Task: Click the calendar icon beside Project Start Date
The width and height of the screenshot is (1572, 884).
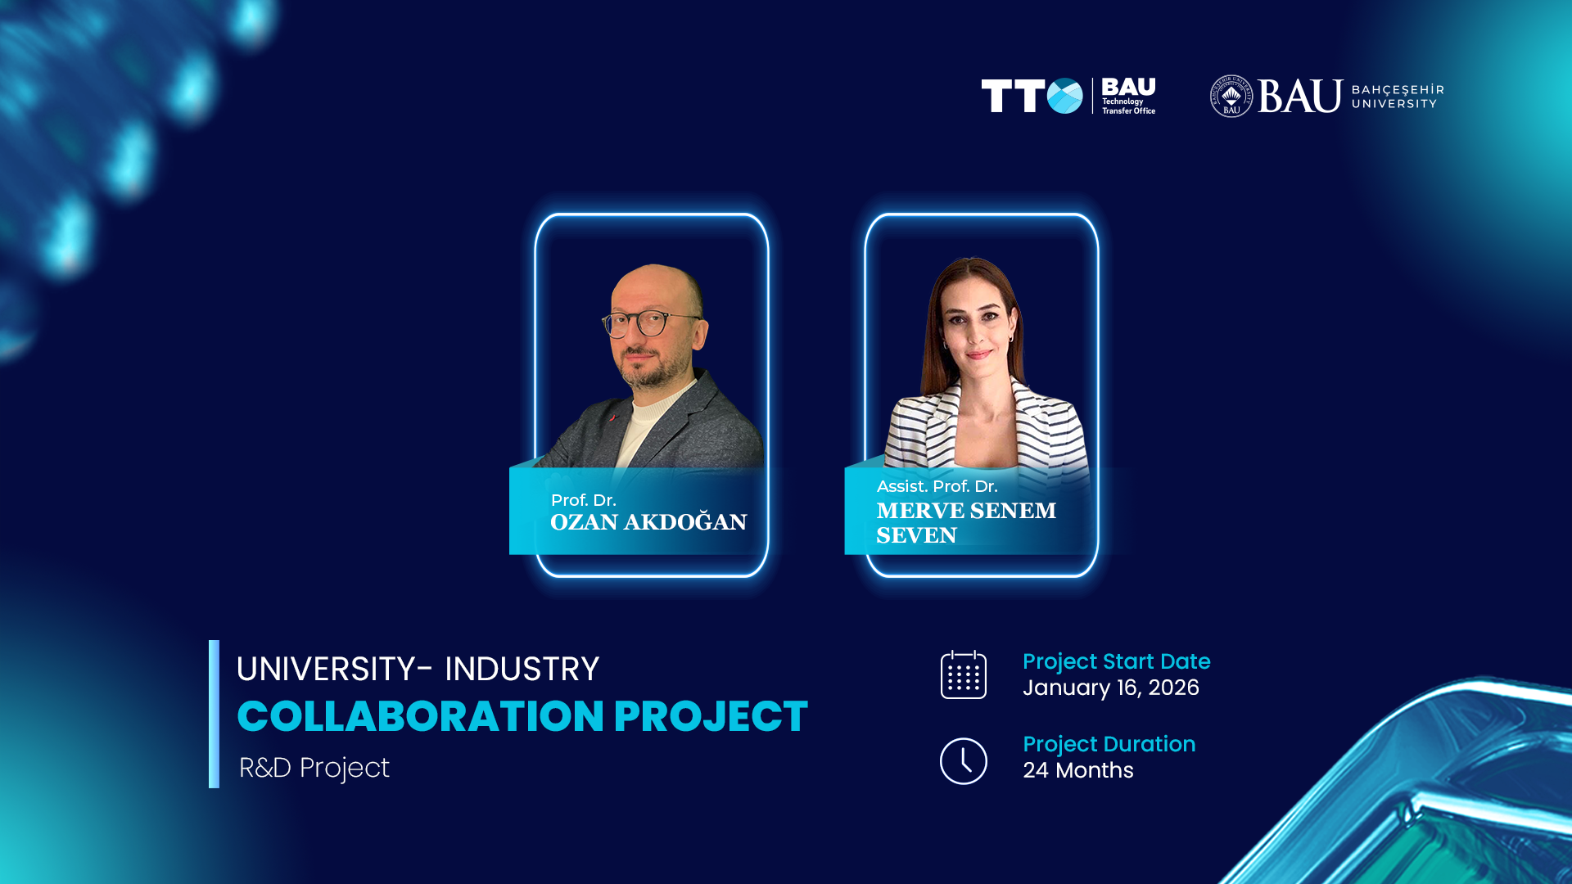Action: [x=964, y=674]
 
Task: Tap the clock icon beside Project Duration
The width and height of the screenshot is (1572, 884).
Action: [x=964, y=761]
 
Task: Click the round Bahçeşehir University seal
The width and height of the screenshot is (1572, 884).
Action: [x=1231, y=97]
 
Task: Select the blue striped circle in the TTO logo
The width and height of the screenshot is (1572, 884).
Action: [x=1064, y=96]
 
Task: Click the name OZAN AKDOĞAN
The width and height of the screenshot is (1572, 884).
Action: [x=648, y=522]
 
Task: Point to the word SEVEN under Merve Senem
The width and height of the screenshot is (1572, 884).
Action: [x=916, y=535]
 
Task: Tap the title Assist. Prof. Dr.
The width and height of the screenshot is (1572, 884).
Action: [x=937, y=486]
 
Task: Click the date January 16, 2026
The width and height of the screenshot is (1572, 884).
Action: [x=1111, y=688]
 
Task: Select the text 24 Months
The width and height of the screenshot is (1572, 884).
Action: [x=1078, y=770]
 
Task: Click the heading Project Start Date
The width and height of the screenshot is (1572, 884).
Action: [x=1117, y=661]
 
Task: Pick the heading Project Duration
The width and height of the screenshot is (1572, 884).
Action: [x=1109, y=744]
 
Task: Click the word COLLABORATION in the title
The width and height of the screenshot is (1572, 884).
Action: [x=421, y=716]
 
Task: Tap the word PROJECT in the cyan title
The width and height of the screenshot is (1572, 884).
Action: [x=711, y=716]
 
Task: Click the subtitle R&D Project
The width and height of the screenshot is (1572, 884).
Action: [x=314, y=768]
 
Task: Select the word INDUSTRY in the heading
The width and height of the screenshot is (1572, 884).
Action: [x=522, y=669]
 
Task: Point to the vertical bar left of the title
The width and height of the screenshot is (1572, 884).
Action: [x=214, y=714]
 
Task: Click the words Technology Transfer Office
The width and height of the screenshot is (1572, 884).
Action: [x=1128, y=106]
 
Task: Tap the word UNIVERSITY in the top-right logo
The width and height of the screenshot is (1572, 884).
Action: [x=1394, y=104]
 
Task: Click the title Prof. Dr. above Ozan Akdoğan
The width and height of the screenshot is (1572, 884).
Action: [x=584, y=500]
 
